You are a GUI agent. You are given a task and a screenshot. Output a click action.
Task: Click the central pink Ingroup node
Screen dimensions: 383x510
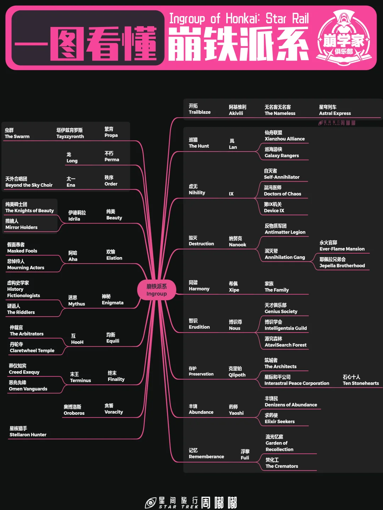pyautogui.click(x=156, y=290)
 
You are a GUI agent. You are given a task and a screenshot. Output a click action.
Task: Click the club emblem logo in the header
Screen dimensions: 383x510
pyautogui.click(x=343, y=38)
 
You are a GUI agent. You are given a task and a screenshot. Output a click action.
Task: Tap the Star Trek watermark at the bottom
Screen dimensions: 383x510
pyautogui.click(x=191, y=502)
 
